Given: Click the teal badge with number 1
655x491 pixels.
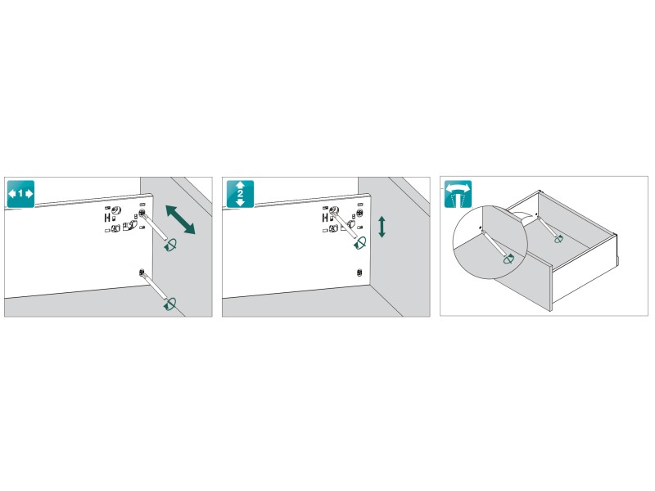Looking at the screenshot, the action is click(x=20, y=194).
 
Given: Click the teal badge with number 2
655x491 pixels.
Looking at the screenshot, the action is click(x=240, y=194).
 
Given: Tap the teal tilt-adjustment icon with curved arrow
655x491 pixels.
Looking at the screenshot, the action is click(x=458, y=194).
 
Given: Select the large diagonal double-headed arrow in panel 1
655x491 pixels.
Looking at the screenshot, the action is click(x=180, y=219).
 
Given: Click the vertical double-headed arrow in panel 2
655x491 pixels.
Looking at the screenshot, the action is click(x=382, y=227).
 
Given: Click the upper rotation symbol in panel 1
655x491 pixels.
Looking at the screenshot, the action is click(x=170, y=245).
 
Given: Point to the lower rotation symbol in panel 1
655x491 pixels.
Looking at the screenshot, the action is click(x=170, y=304).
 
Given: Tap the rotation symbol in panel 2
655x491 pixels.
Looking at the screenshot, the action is click(x=360, y=243).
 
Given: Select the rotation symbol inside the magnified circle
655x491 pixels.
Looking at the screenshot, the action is click(x=508, y=259).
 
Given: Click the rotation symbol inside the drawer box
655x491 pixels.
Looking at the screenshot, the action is click(x=558, y=239).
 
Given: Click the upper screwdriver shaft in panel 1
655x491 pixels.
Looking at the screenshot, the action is click(x=155, y=227).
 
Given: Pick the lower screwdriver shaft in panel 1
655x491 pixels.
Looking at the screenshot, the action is click(x=155, y=286).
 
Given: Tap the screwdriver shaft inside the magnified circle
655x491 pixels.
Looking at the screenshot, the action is click(x=494, y=242).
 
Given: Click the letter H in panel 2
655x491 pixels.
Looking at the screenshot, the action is click(x=325, y=217).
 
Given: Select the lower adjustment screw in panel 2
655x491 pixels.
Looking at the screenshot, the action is click(x=359, y=273).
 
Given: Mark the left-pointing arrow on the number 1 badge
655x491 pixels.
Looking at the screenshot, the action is click(x=12, y=194).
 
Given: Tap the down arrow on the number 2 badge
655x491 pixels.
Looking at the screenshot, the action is click(x=240, y=202).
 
